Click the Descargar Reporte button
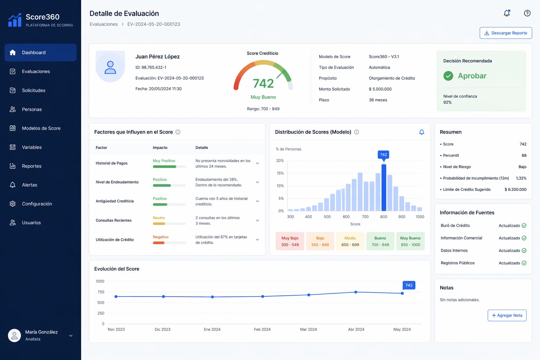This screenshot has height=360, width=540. click(x=506, y=33)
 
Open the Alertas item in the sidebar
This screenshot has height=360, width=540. click(x=30, y=185)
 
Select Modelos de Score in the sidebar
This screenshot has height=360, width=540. click(x=41, y=128)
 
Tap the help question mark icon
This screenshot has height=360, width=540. click(x=527, y=13)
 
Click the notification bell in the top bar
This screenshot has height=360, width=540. click(x=507, y=13)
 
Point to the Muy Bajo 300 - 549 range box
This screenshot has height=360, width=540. click(x=290, y=241)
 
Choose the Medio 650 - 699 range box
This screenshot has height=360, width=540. click(x=350, y=241)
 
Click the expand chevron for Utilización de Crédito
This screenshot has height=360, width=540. click(x=257, y=240)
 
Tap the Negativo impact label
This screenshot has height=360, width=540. click(x=161, y=237)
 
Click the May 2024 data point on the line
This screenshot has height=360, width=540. click(x=402, y=293)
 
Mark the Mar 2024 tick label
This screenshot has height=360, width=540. click(x=308, y=329)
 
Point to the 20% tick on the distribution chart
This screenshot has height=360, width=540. click(x=280, y=161)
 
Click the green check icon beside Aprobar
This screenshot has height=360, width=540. click(x=448, y=76)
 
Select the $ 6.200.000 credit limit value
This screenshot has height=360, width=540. click(x=515, y=189)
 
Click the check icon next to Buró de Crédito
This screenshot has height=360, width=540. click(x=524, y=226)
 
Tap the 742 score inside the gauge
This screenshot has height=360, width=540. click(x=263, y=83)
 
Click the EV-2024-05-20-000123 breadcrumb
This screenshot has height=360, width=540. click(x=154, y=24)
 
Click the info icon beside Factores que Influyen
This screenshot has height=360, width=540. click(x=178, y=132)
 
